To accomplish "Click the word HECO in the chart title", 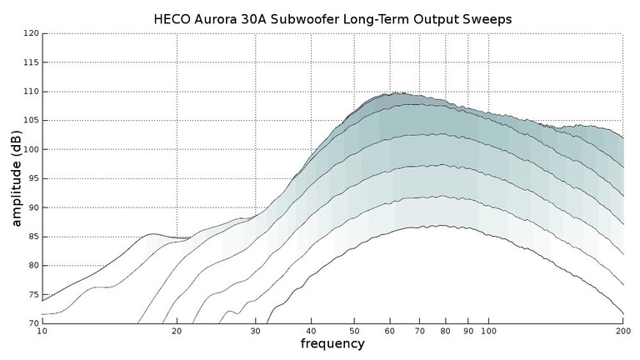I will [x=172, y=17].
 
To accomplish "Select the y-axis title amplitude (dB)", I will [x=16, y=178].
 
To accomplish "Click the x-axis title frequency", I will [x=332, y=343].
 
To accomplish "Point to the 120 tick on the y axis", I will [x=32, y=33].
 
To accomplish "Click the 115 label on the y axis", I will [x=32, y=62].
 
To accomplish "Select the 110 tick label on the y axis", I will [x=32, y=92].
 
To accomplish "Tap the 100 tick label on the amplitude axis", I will [x=32, y=149].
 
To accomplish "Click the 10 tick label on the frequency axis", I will [x=42, y=331].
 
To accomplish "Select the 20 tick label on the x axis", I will [x=177, y=331].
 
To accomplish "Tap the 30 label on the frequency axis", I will [x=255, y=331].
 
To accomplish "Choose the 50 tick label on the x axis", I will [x=354, y=331].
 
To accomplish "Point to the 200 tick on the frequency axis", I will [x=622, y=331].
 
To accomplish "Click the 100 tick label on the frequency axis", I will [x=488, y=331].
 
